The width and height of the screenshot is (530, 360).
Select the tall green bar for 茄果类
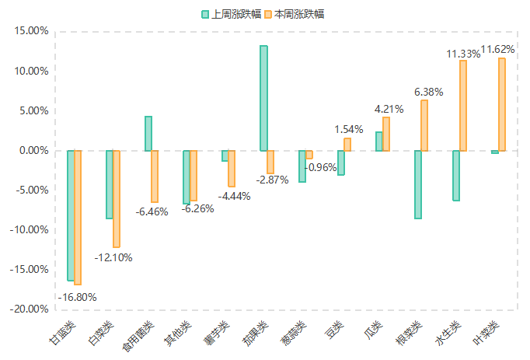coord(263,98)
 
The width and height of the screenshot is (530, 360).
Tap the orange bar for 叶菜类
coord(502,104)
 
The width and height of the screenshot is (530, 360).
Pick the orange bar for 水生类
coord(463,106)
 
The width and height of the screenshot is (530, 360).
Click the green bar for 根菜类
coord(418,184)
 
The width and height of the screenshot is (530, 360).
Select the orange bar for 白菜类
coord(117,198)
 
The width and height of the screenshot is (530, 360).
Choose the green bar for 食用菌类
coord(148,133)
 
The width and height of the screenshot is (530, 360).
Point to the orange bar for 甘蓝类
coord(78,217)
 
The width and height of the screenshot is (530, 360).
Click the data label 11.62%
coord(498,49)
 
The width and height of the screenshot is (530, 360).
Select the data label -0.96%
coord(320,167)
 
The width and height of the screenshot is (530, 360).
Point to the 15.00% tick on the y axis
coord(32,31)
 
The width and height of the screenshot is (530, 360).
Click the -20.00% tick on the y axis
coord(30,309)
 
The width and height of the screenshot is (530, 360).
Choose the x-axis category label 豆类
coord(334,329)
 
